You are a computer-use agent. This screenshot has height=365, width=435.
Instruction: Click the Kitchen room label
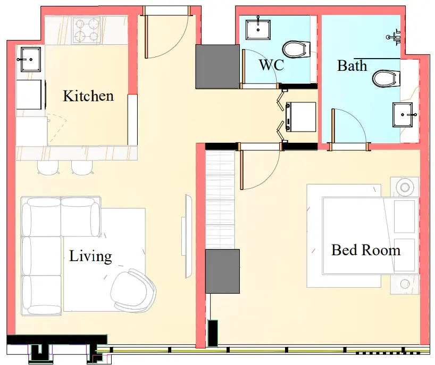pyautogui.click(x=88, y=96)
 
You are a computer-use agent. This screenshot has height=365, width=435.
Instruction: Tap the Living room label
pyautogui.click(x=90, y=256)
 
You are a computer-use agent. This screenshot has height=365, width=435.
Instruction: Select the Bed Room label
pyautogui.click(x=366, y=250)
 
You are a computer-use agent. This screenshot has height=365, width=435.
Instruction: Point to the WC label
pyautogui.click(x=271, y=65)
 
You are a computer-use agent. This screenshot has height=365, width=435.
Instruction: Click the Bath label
pyautogui.click(x=352, y=66)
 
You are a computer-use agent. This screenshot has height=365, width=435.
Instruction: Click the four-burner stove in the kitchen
pyautogui.click(x=86, y=30)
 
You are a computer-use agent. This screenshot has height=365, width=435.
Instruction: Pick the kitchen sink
pyautogui.click(x=30, y=59)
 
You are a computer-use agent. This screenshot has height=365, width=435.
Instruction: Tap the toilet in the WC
pyautogui.click(x=296, y=50)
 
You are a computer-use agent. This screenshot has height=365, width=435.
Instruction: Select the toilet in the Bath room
pyautogui.click(x=386, y=78)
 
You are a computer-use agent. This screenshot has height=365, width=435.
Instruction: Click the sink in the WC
pyautogui.click(x=258, y=29)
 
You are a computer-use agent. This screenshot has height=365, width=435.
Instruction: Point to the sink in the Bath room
pyautogui.click(x=403, y=115)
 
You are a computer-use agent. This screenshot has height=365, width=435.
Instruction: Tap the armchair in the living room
pyautogui.click(x=132, y=290)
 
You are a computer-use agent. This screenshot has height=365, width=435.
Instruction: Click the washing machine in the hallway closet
pyautogui.click(x=301, y=117)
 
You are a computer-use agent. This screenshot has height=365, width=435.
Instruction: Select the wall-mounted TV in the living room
pyautogui.click(x=188, y=236)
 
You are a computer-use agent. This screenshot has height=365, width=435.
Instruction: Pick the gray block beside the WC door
pyautogui.click(x=217, y=67)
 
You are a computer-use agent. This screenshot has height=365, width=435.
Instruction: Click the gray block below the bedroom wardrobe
pyautogui.click(x=222, y=271)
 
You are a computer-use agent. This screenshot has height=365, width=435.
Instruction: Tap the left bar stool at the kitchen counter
pyautogui.click(x=48, y=168)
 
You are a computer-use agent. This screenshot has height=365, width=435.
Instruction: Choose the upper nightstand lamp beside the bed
pyautogui.click(x=405, y=187)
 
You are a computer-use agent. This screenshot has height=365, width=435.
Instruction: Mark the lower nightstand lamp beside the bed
pyautogui.click(x=405, y=284)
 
